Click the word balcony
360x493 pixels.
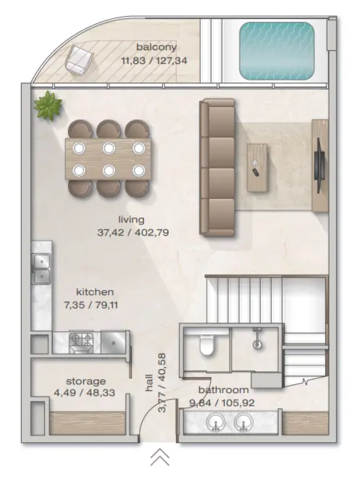click(156, 47)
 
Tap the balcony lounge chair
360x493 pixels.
click(80, 59)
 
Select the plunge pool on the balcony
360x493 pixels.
click(277, 51)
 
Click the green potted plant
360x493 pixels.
click(48, 105)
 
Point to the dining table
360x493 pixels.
click(109, 159)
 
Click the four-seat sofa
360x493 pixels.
click(217, 167)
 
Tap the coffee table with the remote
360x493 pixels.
click(257, 167)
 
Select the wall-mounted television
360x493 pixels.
click(319, 165)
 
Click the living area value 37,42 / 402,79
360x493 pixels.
click(133, 233)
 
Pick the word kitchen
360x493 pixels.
click(95, 291)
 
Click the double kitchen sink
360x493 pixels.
click(41, 268)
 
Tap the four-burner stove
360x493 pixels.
click(81, 342)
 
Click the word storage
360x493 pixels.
click(85, 381)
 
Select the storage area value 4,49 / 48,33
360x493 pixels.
click(85, 393)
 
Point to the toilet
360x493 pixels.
click(206, 344)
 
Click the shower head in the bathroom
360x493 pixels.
click(258, 339)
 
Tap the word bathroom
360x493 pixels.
click(224, 390)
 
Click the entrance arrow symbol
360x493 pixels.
click(160, 457)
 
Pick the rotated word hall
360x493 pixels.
click(149, 383)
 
